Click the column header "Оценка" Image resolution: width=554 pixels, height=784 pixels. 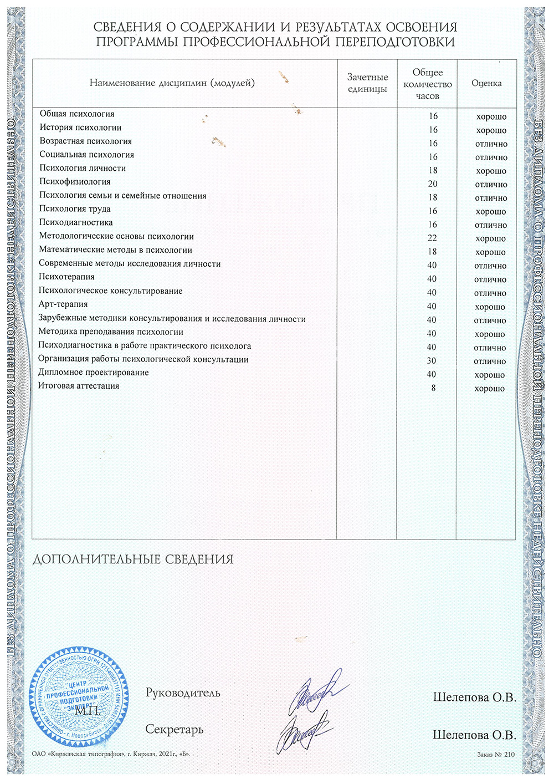[x=486, y=83]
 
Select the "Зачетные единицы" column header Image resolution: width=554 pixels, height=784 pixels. [x=367, y=83]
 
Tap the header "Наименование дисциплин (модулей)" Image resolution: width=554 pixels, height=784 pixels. [x=172, y=83]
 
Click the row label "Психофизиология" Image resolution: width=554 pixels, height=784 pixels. [x=75, y=182]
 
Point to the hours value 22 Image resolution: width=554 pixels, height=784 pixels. [x=432, y=238]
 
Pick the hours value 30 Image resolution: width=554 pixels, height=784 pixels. [x=432, y=360]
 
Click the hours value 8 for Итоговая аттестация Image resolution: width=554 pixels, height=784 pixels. [x=433, y=388]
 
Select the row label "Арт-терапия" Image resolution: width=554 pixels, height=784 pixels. [x=63, y=304]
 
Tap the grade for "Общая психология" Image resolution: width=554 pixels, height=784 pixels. [x=491, y=116]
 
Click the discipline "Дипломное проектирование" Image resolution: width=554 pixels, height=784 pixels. [x=94, y=373]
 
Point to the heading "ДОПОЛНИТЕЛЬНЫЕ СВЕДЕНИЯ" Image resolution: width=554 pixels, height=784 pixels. [x=133, y=559]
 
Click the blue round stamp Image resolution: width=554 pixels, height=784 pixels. [x=78, y=693]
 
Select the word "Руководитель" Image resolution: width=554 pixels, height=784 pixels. [x=183, y=693]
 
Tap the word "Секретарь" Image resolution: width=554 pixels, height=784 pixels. [x=174, y=729]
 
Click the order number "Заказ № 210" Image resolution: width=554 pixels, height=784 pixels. [x=495, y=754]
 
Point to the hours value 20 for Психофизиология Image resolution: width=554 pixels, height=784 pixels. [x=432, y=184]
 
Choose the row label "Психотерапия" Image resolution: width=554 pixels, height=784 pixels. [x=66, y=277]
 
